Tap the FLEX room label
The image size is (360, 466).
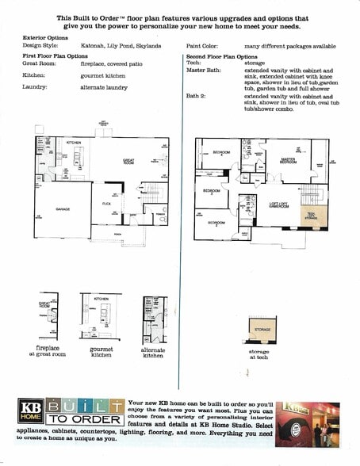pyautogui.click(x=105, y=203)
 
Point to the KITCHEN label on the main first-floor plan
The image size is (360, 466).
pyautogui.click(x=74, y=143)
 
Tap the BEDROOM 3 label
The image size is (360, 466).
pyautogui.click(x=211, y=191)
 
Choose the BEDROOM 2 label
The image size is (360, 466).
pyautogui.click(x=216, y=223)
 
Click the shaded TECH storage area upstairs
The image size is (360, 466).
pyautogui.click(x=310, y=215)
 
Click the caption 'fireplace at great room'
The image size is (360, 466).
pyautogui.click(x=48, y=351)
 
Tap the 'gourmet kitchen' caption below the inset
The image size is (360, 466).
pyautogui.click(x=101, y=351)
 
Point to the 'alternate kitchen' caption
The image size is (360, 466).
pyautogui.click(x=153, y=352)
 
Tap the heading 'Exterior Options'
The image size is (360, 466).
pyautogui.click(x=46, y=37)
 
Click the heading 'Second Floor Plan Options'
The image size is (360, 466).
pyautogui.click(x=221, y=56)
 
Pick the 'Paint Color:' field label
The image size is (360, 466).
pyautogui.click(x=202, y=46)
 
